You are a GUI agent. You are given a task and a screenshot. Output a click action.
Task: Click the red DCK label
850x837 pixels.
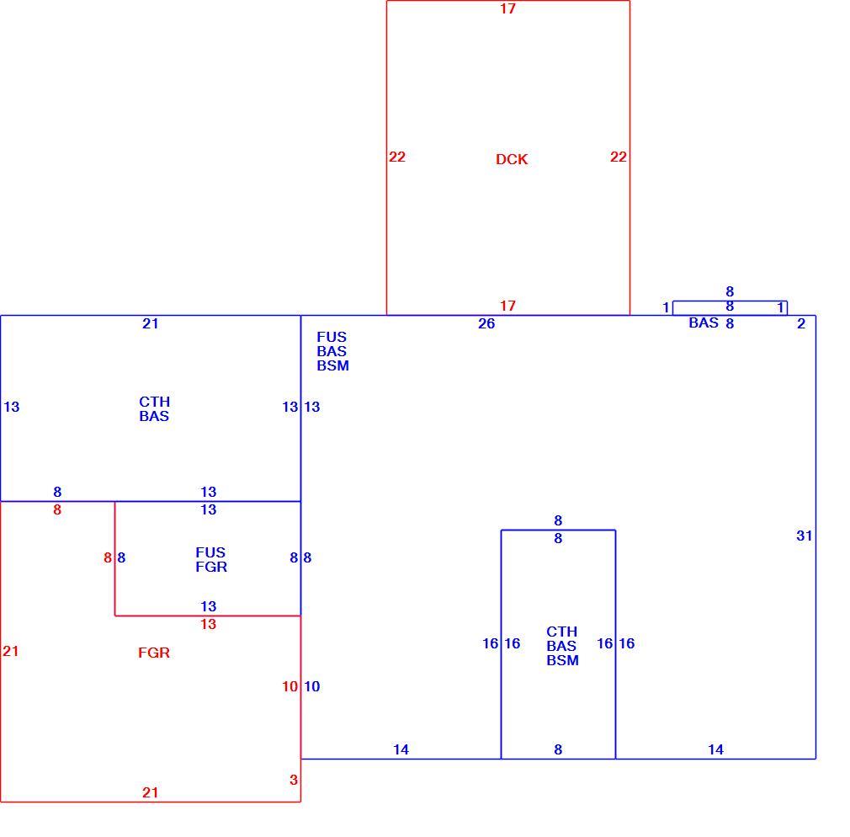[x=511, y=159]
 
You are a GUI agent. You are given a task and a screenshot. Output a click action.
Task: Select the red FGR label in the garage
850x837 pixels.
[x=154, y=652]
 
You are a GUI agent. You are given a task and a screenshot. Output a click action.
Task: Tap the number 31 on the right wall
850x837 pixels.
[x=804, y=536]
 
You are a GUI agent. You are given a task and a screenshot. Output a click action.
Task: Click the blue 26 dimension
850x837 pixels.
[x=486, y=323]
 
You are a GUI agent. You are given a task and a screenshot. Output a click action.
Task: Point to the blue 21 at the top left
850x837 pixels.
[x=150, y=323]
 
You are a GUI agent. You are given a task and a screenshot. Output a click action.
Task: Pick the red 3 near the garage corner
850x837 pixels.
[x=293, y=780]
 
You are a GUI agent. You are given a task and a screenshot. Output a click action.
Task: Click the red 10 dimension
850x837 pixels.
[x=290, y=686]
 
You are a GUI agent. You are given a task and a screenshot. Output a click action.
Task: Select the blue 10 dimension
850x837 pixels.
[x=311, y=686]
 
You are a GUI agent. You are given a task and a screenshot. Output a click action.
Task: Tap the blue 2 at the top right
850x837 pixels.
[x=801, y=323]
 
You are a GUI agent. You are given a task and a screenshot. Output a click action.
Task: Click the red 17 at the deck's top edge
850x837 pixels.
[x=507, y=8]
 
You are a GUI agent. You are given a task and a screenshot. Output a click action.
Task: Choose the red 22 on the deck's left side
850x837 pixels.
[x=397, y=157]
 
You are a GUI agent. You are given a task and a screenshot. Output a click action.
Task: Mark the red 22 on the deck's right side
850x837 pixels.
[x=618, y=157]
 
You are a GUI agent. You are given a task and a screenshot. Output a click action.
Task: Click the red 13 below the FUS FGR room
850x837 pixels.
[x=208, y=624]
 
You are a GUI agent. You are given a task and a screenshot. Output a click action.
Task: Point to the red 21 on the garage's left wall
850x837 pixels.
[x=10, y=651]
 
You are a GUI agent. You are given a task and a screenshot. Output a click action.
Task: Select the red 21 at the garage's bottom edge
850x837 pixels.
[x=150, y=792]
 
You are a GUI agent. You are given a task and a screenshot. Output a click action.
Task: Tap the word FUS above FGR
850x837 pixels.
[x=210, y=552]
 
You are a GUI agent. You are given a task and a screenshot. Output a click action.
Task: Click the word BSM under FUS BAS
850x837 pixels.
[x=332, y=365]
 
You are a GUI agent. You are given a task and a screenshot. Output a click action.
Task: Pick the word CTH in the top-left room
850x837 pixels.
[x=155, y=402]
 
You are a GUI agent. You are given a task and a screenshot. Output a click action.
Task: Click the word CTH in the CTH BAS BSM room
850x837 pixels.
[x=561, y=632]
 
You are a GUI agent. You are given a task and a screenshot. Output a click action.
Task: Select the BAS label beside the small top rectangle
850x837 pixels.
[x=704, y=323]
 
